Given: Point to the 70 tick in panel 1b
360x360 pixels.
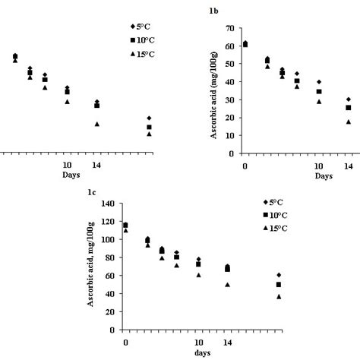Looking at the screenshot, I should tap(228, 28).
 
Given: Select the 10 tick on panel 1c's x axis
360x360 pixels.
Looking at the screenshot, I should tap(198, 342).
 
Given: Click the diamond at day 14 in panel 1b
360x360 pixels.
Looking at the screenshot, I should tap(349, 99).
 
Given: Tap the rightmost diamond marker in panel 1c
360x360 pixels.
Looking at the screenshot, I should tap(279, 275).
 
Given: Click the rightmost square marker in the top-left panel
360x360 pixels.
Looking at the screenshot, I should tap(149, 127).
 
